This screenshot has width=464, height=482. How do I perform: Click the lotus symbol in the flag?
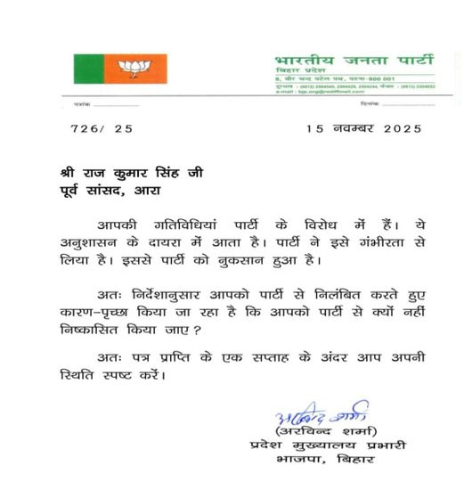coord(136,68)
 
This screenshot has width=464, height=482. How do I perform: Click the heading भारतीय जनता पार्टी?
coord(354,61)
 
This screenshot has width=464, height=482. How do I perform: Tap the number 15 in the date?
coord(313,128)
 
